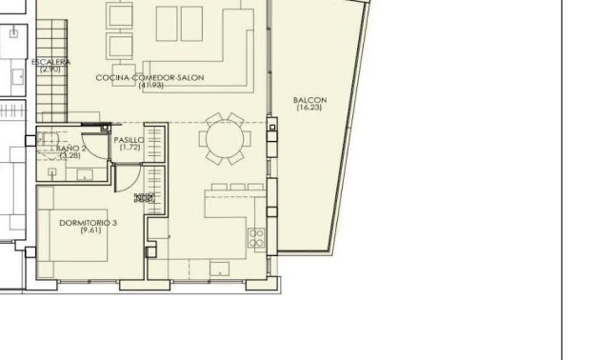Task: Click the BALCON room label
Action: click(x=310, y=100)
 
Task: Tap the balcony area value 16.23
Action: click(x=310, y=109)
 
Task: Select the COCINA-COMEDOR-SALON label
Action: click(x=150, y=77)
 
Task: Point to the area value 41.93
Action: click(x=150, y=86)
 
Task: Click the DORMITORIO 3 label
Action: click(x=88, y=223)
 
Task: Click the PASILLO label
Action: click(x=129, y=140)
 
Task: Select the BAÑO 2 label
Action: click(x=71, y=149)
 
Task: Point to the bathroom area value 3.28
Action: click(x=71, y=155)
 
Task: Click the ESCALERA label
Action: click(x=50, y=62)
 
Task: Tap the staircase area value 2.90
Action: click(x=50, y=70)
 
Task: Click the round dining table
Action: click(x=225, y=139)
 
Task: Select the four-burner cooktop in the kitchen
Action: click(x=256, y=238)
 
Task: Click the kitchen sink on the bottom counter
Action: click(x=221, y=268)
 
